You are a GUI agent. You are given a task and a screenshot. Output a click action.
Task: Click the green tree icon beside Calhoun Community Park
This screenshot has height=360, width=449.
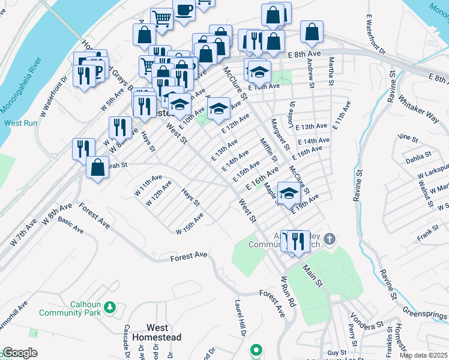point(109,308)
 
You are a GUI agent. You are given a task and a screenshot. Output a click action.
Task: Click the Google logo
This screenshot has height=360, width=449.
point(20,353)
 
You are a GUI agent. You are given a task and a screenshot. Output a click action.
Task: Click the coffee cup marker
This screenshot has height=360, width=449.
point(184,9)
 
